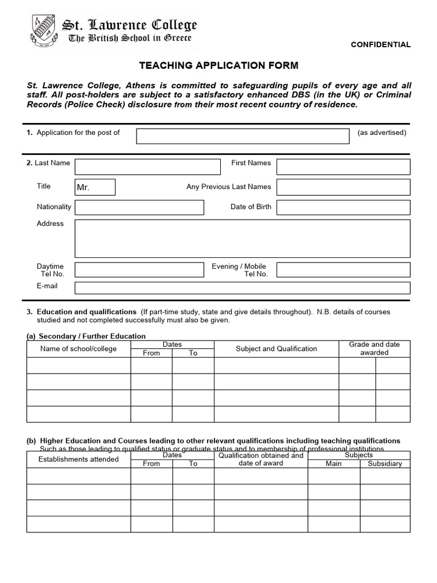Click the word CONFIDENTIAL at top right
380,44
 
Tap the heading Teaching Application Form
218,65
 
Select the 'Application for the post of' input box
242,136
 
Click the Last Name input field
147,167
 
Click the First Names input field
343,167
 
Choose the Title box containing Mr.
95,187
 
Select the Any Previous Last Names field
343,187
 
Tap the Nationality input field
139,207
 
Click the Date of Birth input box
343,207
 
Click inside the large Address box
242,239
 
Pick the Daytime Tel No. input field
139,269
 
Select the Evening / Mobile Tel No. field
343,269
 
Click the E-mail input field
242,288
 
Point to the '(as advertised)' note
382,133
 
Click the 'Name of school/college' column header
79,348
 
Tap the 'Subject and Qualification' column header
277,348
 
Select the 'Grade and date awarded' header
374,348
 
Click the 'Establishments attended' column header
79,459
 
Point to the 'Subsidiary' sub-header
385,463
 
